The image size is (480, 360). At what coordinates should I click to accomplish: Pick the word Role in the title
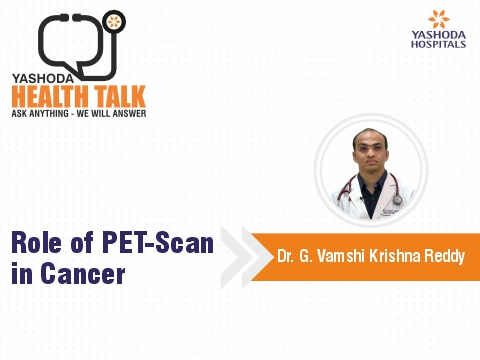[x=38, y=241]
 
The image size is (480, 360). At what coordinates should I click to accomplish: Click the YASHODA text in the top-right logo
[x=439, y=36]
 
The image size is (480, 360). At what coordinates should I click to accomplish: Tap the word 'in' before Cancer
[x=21, y=273]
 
